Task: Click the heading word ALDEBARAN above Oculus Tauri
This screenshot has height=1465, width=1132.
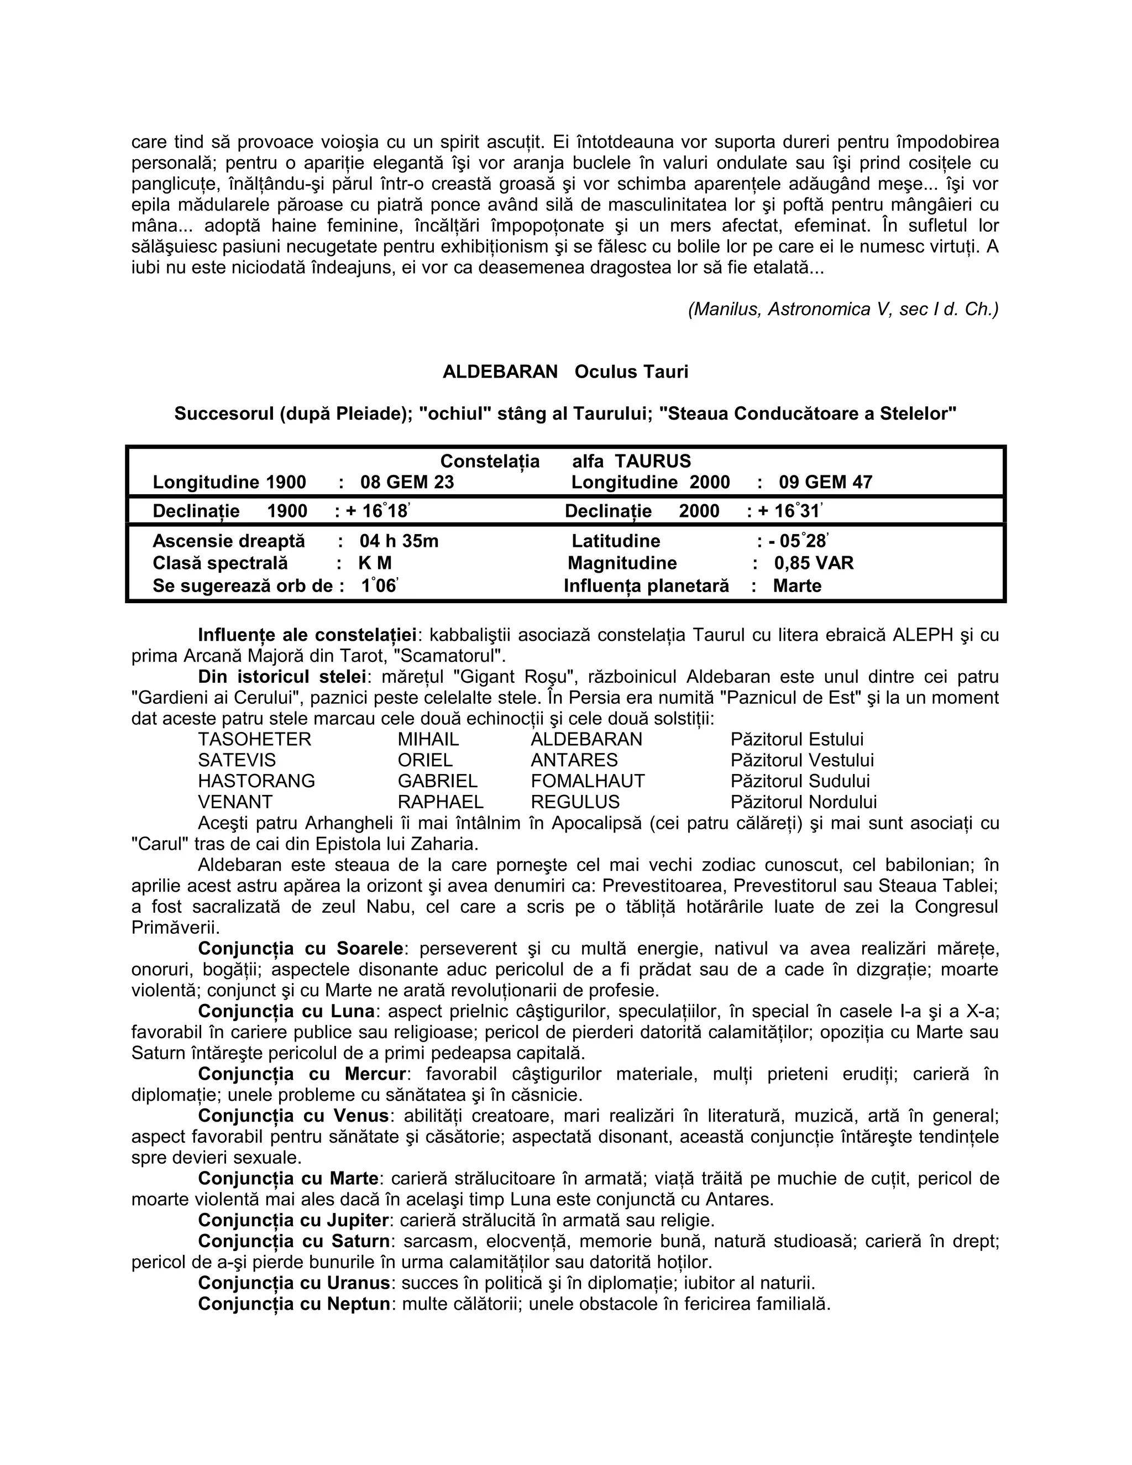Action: tap(500, 372)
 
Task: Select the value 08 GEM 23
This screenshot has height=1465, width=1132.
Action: tap(406, 482)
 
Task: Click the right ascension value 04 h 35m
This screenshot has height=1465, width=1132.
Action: tap(399, 541)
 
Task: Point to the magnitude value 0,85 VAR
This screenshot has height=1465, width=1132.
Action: tap(814, 563)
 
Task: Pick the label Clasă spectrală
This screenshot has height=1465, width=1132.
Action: tap(220, 563)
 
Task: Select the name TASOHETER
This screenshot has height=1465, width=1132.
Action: tap(254, 739)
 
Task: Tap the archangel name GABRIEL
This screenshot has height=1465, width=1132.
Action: tap(437, 781)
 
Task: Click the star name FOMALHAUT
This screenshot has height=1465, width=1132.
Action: tap(588, 781)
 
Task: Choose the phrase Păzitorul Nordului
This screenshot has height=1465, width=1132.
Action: tap(803, 802)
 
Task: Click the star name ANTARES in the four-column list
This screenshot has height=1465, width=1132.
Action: tap(574, 760)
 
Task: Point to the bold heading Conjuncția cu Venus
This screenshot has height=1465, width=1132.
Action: tap(293, 1116)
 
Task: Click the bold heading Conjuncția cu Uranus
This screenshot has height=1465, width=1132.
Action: tap(294, 1283)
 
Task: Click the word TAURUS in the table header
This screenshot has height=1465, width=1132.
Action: tap(653, 462)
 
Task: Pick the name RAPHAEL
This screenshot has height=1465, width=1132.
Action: tap(440, 802)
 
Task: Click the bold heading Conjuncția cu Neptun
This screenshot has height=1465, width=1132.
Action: tap(294, 1304)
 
